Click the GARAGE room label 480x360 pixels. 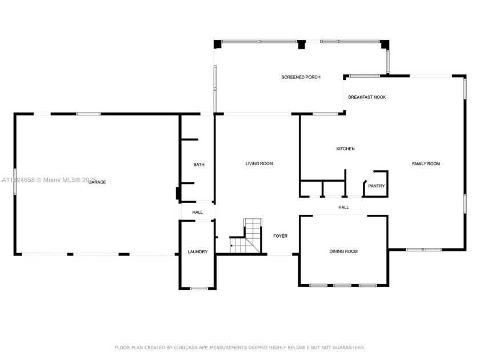pyautogui.click(x=97, y=182)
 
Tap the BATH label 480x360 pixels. pyautogui.click(x=198, y=165)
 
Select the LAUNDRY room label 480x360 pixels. pyautogui.click(x=198, y=252)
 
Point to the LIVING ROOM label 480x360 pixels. pyautogui.click(x=259, y=164)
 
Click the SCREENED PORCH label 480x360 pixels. pyautogui.click(x=301, y=77)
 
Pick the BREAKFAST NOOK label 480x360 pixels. pyautogui.click(x=367, y=97)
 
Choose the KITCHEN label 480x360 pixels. pyautogui.click(x=345, y=149)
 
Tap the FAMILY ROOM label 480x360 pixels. pyautogui.click(x=426, y=164)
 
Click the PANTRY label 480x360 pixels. pyautogui.click(x=376, y=186)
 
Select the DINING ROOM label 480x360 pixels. pyautogui.click(x=343, y=251)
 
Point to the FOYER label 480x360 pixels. pyautogui.click(x=280, y=236)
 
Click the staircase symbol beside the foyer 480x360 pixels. pyautogui.click(x=247, y=235)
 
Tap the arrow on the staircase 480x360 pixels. pyautogui.click(x=233, y=246)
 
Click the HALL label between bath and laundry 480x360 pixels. pyautogui.click(x=197, y=213)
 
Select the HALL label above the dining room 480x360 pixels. pyautogui.click(x=343, y=207)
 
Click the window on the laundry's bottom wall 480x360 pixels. pyautogui.click(x=199, y=288)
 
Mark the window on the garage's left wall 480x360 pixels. pyautogui.click(x=15, y=181)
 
